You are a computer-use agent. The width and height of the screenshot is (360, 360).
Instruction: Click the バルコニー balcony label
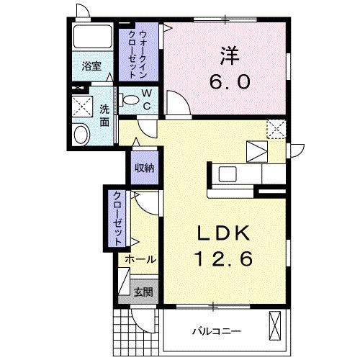(x=215, y=332)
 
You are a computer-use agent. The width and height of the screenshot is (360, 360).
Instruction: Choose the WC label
(x=145, y=99)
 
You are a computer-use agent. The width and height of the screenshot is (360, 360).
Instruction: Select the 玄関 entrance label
(x=143, y=292)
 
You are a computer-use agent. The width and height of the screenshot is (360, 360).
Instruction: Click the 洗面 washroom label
(x=105, y=115)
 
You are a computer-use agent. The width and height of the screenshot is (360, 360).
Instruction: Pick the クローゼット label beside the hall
(x=117, y=216)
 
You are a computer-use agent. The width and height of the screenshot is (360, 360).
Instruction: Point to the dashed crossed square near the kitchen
(x=276, y=128)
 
